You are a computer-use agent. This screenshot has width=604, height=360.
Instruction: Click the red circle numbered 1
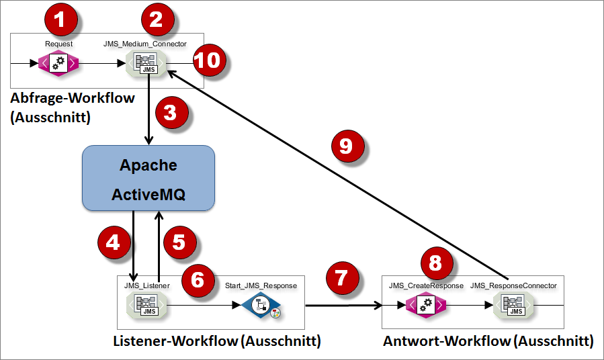coord(60,20)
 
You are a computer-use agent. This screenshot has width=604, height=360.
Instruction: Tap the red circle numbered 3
coord(171,111)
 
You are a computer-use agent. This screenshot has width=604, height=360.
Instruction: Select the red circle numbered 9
coord(346,146)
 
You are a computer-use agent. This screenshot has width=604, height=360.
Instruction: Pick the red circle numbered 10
coord(208,60)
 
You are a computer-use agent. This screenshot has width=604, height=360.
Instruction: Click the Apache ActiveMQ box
coord(148,177)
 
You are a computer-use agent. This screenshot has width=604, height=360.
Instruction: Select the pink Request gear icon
coord(58,64)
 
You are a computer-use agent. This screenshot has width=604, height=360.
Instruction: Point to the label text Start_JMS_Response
coord(261,285)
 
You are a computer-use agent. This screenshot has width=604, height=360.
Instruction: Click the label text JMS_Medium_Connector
coord(144,44)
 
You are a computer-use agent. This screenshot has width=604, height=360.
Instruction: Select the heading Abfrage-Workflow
coord(73,98)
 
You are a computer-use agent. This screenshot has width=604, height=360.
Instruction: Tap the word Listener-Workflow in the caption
coord(174,341)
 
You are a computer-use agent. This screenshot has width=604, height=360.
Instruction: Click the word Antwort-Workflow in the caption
coord(446,341)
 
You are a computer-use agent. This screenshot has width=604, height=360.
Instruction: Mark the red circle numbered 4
coord(114,241)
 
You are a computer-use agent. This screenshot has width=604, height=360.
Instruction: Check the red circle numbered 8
coord(435,263)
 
